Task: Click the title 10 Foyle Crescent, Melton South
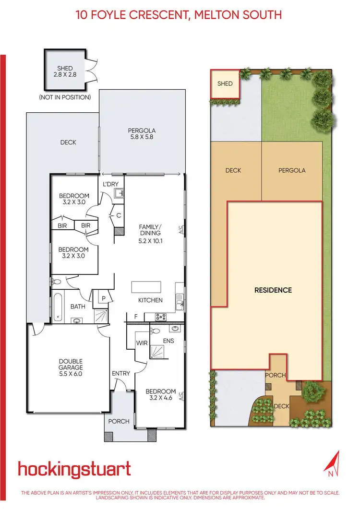[x=179, y=15]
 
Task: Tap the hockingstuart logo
[x=74, y=469]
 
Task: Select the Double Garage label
[x=71, y=365]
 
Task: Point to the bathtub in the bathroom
[x=58, y=306]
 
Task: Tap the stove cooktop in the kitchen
[x=160, y=317]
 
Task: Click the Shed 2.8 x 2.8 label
[x=64, y=71]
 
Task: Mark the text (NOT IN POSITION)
[x=65, y=97]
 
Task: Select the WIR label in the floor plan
[x=142, y=343]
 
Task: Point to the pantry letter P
[x=103, y=297]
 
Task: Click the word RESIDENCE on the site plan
[x=273, y=290]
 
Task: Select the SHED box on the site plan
[x=225, y=83]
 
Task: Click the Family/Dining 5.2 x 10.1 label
[x=150, y=234]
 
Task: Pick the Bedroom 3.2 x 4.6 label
[x=161, y=395]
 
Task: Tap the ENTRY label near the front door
[x=121, y=373]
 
